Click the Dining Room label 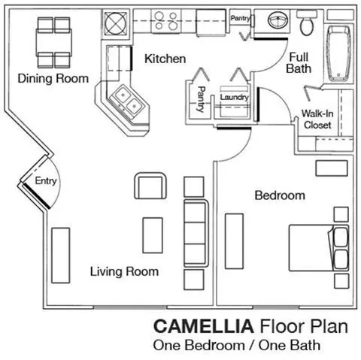(53, 79)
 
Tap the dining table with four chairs (54, 43)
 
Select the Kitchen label (165, 59)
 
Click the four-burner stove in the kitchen (166, 21)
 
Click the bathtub (338, 53)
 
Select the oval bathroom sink (278, 20)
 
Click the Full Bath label (299, 63)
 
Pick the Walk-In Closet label (317, 119)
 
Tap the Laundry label (234, 97)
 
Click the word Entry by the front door (46, 181)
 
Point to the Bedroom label (280, 195)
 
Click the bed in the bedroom (319, 248)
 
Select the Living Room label (124, 271)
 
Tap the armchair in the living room (150, 186)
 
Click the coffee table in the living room (153, 235)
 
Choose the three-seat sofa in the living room (196, 233)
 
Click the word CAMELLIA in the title (204, 326)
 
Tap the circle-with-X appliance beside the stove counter (116, 23)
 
